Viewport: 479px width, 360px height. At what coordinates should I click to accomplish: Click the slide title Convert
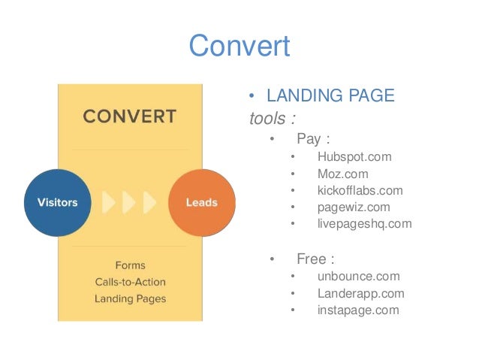(x=239, y=47)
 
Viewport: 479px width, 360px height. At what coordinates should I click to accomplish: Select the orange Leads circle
(x=202, y=203)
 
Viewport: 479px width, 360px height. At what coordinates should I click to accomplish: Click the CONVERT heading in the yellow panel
(x=129, y=117)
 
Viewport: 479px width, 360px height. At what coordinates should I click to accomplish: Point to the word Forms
(x=130, y=265)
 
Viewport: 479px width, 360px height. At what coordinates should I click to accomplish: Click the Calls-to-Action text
(x=130, y=282)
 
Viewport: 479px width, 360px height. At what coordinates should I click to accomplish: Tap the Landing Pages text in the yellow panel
(x=130, y=298)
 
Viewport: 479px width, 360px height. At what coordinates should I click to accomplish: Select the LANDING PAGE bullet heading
(x=330, y=97)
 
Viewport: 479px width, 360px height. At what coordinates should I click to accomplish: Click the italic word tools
(x=267, y=118)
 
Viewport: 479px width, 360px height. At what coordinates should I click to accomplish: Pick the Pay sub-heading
(x=313, y=139)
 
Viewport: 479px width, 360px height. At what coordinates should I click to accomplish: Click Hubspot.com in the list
(x=354, y=157)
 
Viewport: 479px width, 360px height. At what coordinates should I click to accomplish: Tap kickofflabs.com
(x=360, y=190)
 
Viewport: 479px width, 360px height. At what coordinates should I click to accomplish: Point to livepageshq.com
(x=364, y=223)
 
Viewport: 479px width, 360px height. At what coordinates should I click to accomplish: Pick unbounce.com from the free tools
(x=358, y=277)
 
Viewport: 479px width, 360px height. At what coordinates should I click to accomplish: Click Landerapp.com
(x=360, y=293)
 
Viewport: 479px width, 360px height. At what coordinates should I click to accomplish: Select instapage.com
(x=358, y=310)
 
